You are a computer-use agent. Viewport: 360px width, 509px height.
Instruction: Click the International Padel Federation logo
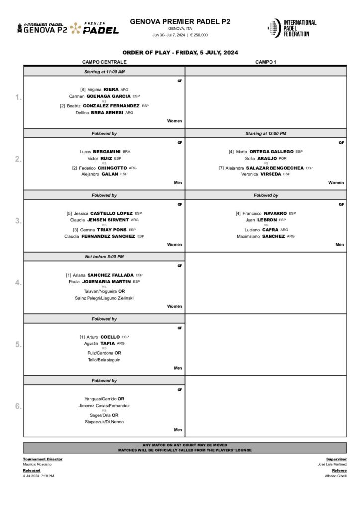(291, 28)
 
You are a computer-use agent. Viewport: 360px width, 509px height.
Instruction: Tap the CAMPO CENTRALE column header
(104, 62)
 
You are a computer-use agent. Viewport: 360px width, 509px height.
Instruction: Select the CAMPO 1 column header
(266, 62)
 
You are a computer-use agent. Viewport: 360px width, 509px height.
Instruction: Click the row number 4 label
(18, 283)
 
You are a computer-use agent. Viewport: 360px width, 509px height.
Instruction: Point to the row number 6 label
(18, 406)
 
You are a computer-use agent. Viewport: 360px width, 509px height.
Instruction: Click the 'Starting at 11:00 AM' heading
(104, 72)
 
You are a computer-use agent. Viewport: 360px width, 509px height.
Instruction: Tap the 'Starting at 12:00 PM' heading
(266, 133)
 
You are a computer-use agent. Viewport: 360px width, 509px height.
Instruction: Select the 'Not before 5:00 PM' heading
(104, 256)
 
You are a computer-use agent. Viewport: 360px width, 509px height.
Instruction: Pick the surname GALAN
(110, 174)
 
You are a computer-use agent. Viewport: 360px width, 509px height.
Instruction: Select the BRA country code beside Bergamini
(126, 151)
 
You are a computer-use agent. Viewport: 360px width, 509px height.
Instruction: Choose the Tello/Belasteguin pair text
(104, 360)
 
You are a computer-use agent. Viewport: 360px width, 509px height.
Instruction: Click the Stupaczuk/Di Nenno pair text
(104, 422)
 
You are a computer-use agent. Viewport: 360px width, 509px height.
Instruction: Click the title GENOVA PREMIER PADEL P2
(180, 21)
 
